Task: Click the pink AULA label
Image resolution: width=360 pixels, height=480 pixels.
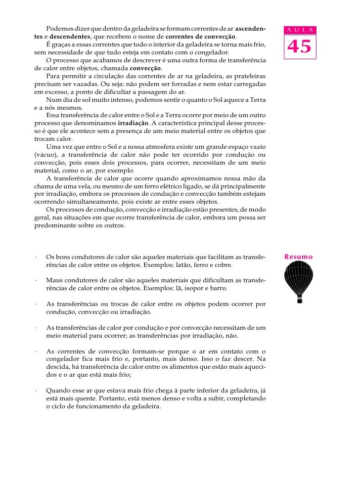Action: pos(299,31)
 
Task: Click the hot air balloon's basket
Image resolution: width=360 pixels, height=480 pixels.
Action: pos(300,300)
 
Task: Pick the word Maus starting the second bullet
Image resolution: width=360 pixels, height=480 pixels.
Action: pos(54,280)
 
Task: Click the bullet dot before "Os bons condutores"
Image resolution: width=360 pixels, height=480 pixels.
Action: pos(36,258)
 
